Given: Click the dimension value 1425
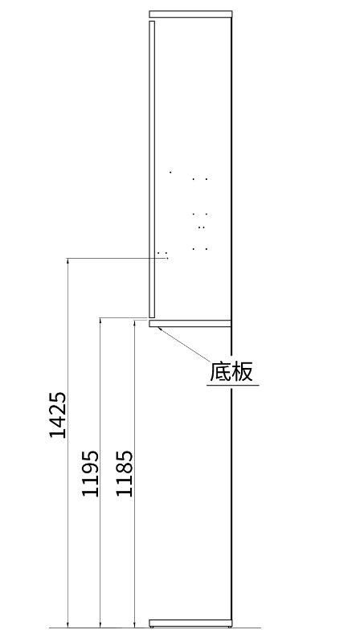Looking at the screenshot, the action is pyautogui.click(x=58, y=415).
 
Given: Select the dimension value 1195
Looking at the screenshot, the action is pyautogui.click(x=91, y=473).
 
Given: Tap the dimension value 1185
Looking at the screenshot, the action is pyautogui.click(x=125, y=473).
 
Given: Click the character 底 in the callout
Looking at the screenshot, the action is pyautogui.click(x=220, y=371).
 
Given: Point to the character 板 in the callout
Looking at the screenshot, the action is pyautogui.click(x=242, y=371).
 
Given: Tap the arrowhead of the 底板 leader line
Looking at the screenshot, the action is pyautogui.click(x=159, y=329).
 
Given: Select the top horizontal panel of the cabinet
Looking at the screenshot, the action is pyautogui.click(x=190, y=14).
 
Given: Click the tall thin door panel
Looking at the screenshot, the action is pyautogui.click(x=152, y=170).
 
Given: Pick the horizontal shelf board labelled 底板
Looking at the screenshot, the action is pyautogui.click(x=190, y=324).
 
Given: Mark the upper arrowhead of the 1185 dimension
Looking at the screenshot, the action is pyautogui.click(x=134, y=325).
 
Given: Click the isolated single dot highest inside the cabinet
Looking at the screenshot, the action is pyautogui.click(x=170, y=173).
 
